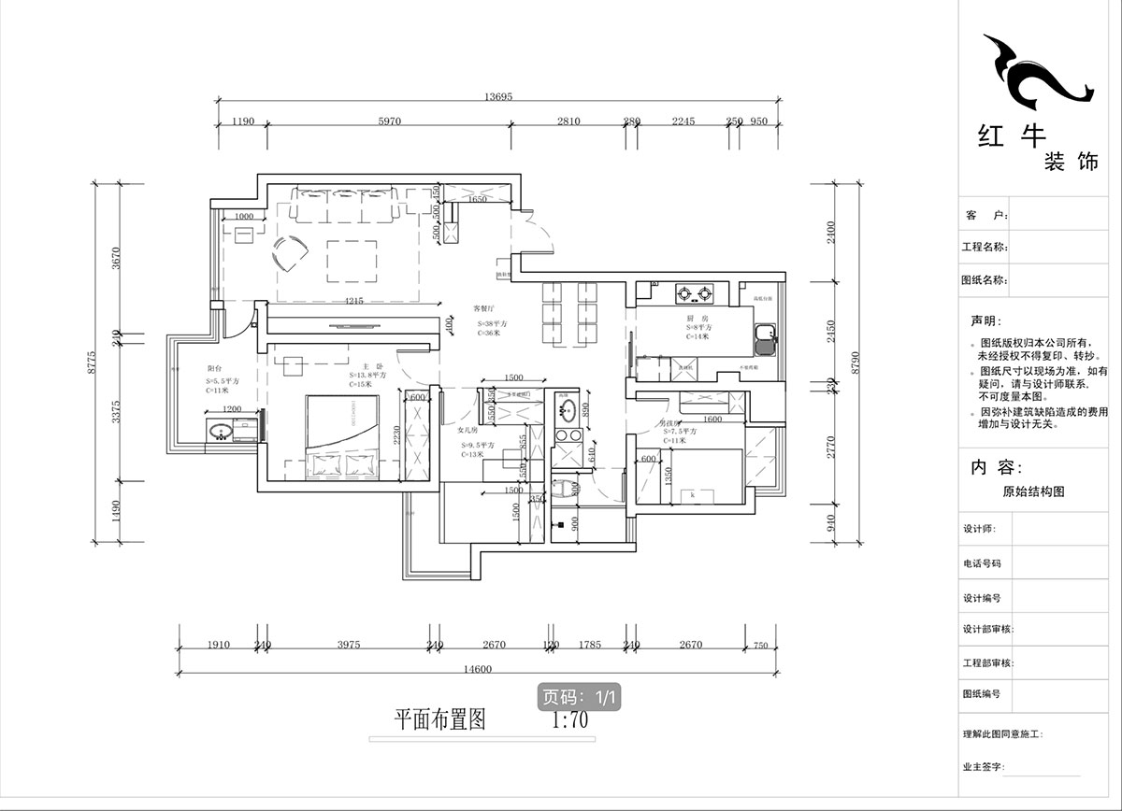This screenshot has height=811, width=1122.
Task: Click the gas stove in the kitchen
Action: (694, 294)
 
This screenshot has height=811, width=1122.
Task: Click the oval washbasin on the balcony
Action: (223, 432)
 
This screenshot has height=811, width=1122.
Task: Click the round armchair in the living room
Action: (292, 251)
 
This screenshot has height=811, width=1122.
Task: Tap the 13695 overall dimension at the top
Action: (501, 97)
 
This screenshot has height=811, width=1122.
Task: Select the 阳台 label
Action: (215, 370)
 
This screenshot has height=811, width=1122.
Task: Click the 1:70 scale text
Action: (569, 720)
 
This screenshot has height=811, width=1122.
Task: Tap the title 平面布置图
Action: (439, 719)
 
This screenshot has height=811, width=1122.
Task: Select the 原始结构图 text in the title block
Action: (1033, 491)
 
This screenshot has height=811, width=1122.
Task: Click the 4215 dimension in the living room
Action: (353, 301)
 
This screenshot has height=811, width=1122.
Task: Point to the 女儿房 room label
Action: (467, 432)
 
